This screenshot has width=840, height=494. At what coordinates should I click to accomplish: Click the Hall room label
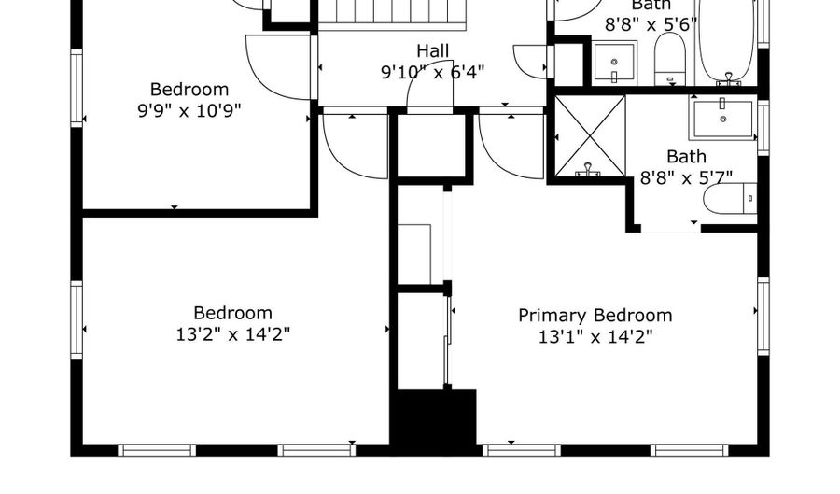(432, 50)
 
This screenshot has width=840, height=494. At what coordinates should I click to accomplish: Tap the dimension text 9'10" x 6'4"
(432, 71)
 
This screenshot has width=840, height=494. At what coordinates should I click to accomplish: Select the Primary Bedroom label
(595, 316)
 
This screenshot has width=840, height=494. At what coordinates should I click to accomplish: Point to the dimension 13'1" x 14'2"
(595, 336)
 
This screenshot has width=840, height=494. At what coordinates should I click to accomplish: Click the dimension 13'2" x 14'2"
(232, 334)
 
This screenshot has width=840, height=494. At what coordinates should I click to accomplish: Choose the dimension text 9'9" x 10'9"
(189, 110)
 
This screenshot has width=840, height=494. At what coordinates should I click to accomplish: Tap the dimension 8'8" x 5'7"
(686, 176)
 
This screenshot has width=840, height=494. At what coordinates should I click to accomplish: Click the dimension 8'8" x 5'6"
(651, 25)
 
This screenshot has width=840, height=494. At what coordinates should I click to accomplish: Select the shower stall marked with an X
(590, 134)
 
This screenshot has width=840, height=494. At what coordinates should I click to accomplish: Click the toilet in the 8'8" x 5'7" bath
(729, 198)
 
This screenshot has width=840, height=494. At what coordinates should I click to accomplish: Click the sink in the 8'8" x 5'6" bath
(615, 62)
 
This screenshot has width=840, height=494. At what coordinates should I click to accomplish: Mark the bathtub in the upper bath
(727, 42)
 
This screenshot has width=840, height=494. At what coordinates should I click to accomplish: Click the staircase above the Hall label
(392, 14)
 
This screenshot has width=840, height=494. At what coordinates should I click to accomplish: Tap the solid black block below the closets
(433, 417)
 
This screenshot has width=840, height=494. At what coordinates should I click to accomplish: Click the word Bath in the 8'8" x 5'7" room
(686, 156)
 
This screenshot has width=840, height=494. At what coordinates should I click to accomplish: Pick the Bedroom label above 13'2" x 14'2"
(232, 313)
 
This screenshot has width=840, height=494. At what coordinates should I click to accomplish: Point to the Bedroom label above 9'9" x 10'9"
(189, 90)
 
